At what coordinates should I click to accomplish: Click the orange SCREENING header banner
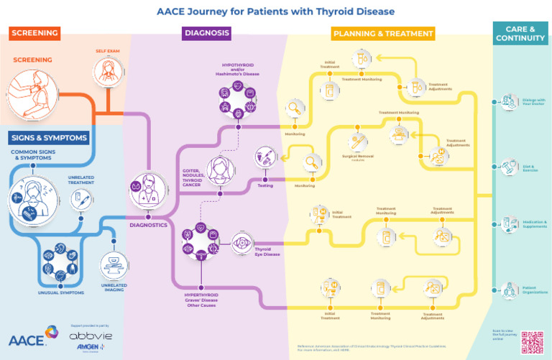click(34, 33)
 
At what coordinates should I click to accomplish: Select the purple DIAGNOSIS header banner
click(206, 33)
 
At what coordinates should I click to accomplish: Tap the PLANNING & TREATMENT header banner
click(383, 34)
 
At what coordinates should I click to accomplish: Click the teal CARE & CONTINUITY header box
click(521, 33)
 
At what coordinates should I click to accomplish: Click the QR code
click(532, 341)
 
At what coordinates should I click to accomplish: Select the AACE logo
click(31, 337)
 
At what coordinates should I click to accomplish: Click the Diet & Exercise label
click(530, 169)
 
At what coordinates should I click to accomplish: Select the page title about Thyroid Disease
click(275, 11)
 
